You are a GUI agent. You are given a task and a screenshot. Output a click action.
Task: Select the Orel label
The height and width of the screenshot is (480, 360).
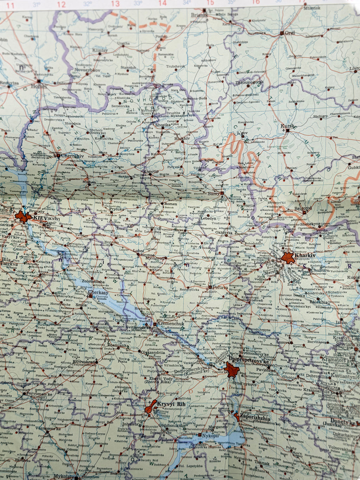tap(290, 33)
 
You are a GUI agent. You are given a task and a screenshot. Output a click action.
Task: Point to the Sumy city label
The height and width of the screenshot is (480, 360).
tap(213, 193)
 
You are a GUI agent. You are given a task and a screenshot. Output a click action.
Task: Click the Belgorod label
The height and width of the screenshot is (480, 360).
tap(303, 208)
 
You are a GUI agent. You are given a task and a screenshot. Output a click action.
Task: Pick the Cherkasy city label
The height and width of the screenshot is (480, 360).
tap(96, 292)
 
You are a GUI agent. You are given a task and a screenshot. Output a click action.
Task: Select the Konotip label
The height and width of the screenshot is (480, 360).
tap(151, 172)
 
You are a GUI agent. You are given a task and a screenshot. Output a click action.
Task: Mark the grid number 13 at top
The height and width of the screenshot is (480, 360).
tap(115, 4)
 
